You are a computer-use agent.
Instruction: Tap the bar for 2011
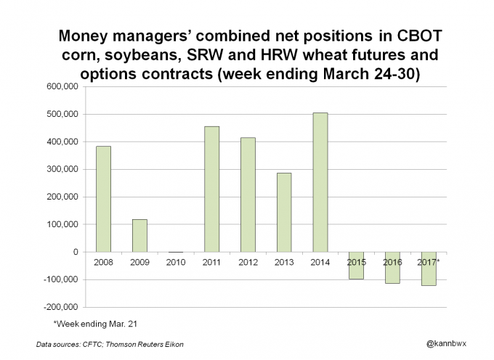[x=211, y=189]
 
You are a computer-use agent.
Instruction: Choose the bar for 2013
[x=283, y=212]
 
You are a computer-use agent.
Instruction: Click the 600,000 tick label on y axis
[x=62, y=87]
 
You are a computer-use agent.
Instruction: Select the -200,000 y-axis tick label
[x=61, y=307]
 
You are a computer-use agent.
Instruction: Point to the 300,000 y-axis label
[x=62, y=170]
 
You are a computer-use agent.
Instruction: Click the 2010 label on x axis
[x=175, y=261]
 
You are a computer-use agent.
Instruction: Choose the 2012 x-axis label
[x=248, y=261]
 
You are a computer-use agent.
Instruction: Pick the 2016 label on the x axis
[x=392, y=261]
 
